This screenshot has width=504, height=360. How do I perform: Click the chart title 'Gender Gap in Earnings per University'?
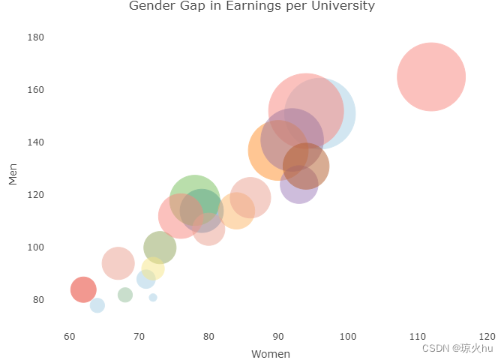252,5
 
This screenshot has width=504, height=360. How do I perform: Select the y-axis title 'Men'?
13,174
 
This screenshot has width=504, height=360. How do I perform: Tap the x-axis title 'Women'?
271,354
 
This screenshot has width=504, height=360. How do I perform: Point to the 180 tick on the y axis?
36,37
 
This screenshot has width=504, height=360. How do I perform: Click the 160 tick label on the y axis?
36,90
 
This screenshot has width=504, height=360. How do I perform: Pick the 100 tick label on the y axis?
36,247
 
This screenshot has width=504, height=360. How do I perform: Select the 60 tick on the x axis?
70,337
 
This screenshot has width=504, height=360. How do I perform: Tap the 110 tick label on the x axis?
418,337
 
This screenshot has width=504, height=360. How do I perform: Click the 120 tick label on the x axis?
487,337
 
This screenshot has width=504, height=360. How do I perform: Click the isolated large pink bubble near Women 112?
431,76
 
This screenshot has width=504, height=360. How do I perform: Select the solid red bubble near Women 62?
83,289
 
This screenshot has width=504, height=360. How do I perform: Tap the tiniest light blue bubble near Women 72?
153,298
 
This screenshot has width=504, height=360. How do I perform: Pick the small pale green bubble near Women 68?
125,295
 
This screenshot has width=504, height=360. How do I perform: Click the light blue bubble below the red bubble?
97,305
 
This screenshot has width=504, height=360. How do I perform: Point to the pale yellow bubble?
153,268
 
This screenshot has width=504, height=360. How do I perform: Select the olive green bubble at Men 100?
160,247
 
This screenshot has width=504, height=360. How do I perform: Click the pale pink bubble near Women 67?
118,263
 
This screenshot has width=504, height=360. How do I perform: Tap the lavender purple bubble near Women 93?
299,184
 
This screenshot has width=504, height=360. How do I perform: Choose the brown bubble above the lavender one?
306,166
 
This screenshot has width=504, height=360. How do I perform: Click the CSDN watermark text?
457,348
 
